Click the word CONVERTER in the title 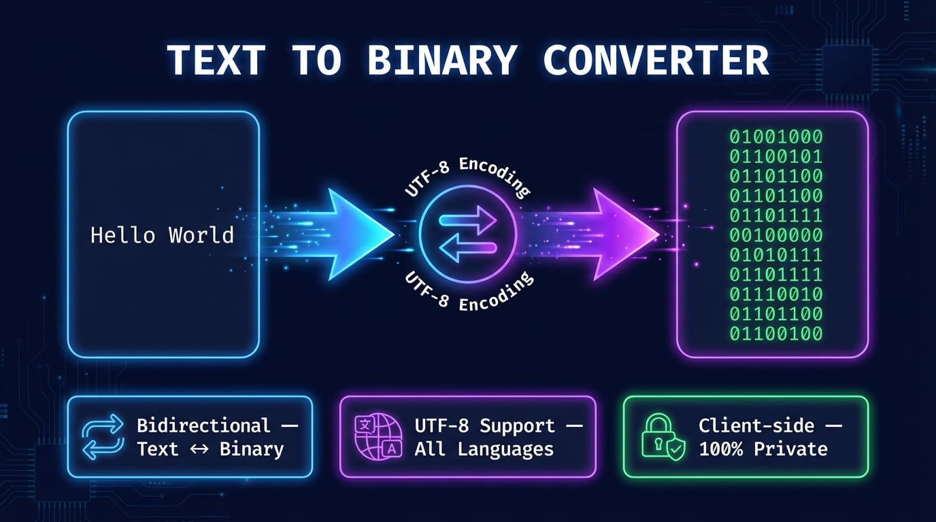[x=656, y=60]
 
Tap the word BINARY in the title [x=441, y=60]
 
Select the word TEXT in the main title [x=216, y=60]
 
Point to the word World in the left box [x=201, y=235]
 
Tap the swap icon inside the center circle [x=468, y=234]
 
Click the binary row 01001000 [x=776, y=137]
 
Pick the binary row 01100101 [x=776, y=156]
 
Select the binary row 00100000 [x=776, y=235]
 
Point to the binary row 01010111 [x=776, y=255]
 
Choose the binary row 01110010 [x=776, y=294]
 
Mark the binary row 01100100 [x=776, y=334]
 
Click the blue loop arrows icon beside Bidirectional [x=103, y=437]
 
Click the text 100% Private [x=763, y=449]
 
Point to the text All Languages [x=484, y=449]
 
